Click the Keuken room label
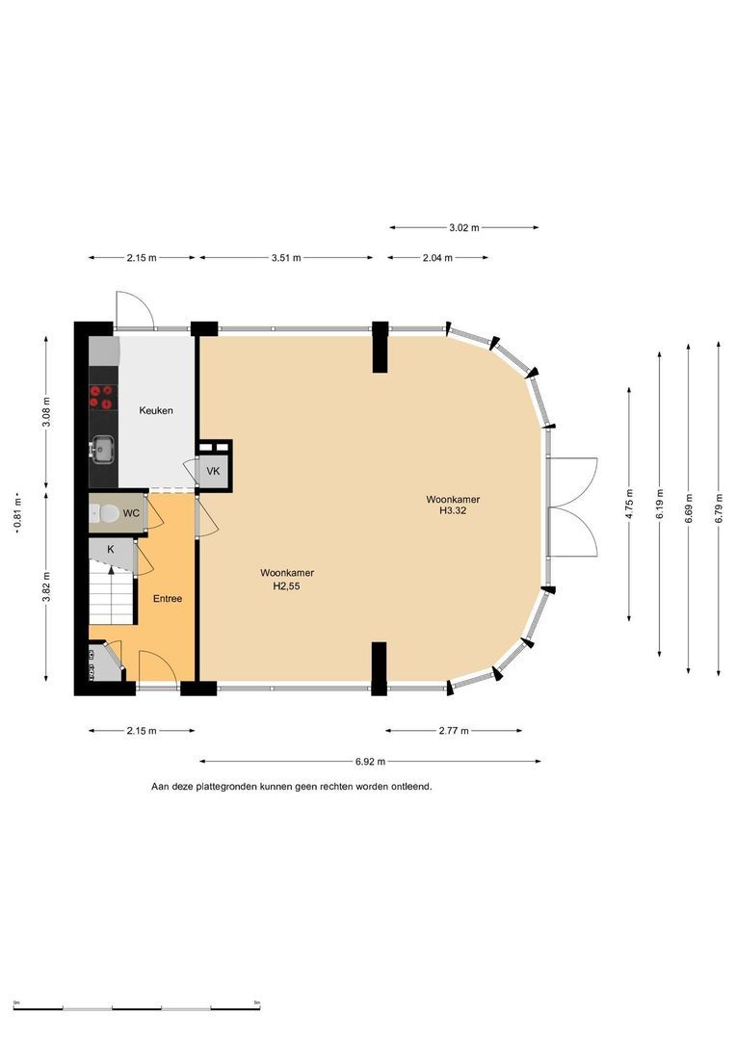click(x=156, y=410)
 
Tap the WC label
click(x=131, y=513)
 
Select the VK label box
click(x=213, y=472)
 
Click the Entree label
click(x=168, y=598)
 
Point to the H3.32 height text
click(x=453, y=510)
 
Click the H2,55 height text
click(x=287, y=586)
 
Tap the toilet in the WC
click(x=103, y=512)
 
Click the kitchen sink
click(x=103, y=450)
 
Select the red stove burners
click(x=102, y=397)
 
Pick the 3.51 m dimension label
click(x=286, y=258)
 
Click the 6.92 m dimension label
click(x=370, y=762)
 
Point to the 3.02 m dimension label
click(x=464, y=227)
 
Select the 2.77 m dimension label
click(x=454, y=731)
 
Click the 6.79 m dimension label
click(x=720, y=508)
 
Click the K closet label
click(x=111, y=549)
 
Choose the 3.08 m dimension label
click(x=46, y=413)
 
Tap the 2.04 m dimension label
click(x=437, y=258)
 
